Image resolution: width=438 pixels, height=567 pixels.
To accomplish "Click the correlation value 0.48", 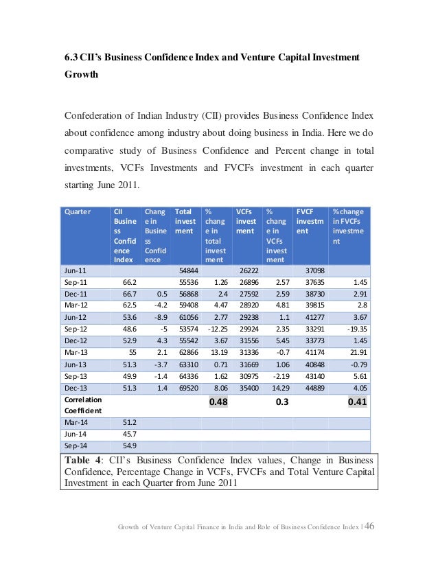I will tap(218, 402).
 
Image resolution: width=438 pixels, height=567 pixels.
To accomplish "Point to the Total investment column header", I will tap(184, 222).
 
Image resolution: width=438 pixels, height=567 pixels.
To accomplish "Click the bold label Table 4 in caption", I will tap(83, 460).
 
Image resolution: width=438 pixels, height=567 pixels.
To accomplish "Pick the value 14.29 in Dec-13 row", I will tap(276, 388).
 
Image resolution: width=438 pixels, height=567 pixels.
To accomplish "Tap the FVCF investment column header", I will tap(308, 222).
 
